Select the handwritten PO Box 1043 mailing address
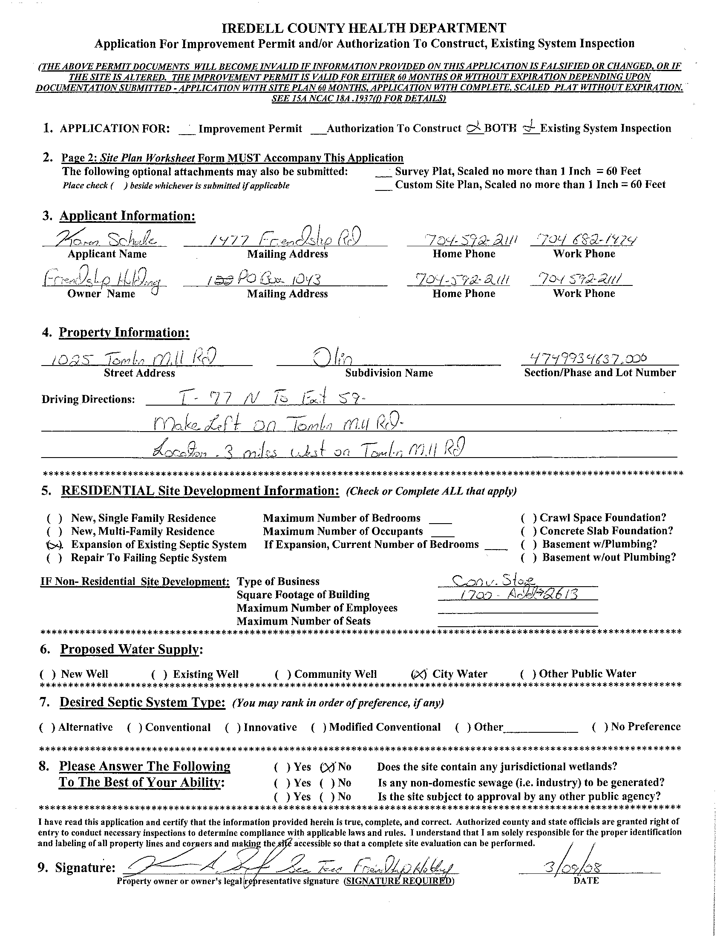pyautogui.click(x=264, y=280)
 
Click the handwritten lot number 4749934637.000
pyautogui.click(x=588, y=357)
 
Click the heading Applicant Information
pyautogui.click(x=127, y=216)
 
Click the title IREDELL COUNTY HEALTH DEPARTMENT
pyautogui.click(x=364, y=28)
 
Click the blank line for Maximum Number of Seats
pyautogui.click(x=518, y=622)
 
